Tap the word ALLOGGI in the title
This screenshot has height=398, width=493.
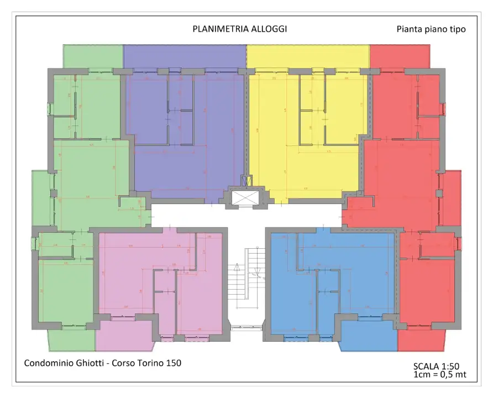click(x=268, y=29)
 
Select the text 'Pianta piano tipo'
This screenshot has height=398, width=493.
click(x=431, y=29)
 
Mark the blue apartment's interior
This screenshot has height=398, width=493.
click(x=359, y=271)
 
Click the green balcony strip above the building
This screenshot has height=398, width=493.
click(x=93, y=56)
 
